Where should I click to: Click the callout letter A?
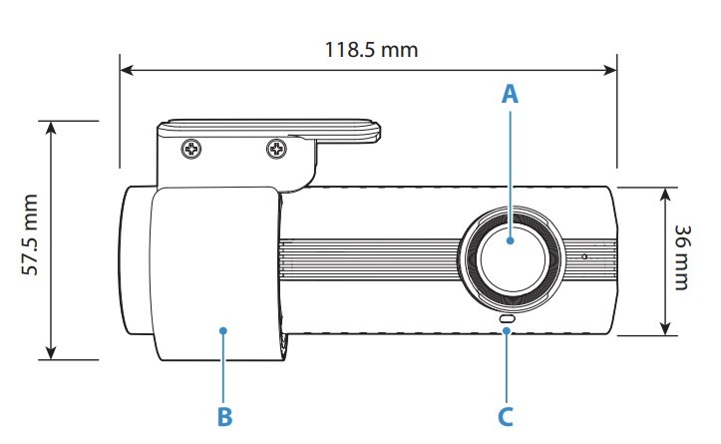coord(511,95)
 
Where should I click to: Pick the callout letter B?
coord(224,415)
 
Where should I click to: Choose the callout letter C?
coord(507,414)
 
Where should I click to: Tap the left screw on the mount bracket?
coord(190,150)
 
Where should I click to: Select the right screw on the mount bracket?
coord(276,150)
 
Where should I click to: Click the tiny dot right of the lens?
coord(585,255)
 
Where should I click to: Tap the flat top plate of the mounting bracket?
coord(269,128)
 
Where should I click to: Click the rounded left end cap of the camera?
coord(136,261)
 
